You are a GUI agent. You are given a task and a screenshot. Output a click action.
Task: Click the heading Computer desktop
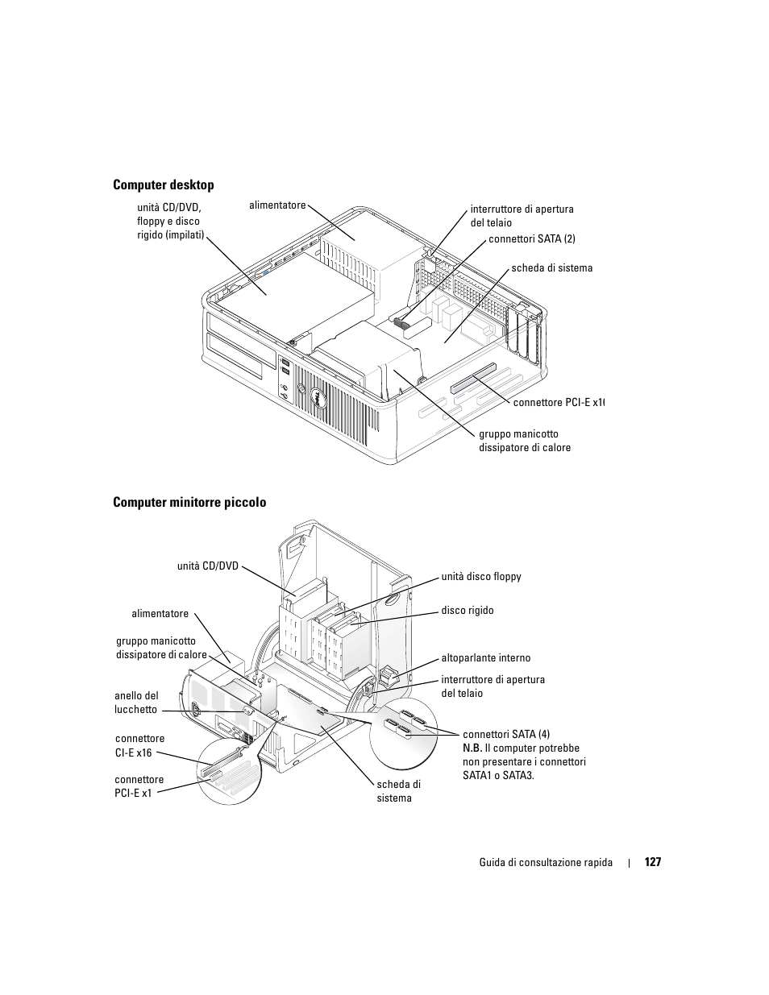pyautogui.click(x=164, y=185)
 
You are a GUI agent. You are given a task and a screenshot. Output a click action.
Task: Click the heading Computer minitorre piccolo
pyautogui.click(x=189, y=503)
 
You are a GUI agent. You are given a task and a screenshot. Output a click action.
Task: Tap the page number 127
pyautogui.click(x=652, y=862)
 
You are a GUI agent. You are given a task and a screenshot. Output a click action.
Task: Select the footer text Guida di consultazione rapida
pyautogui.click(x=546, y=863)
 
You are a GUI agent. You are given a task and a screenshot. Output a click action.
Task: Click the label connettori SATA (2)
pyautogui.click(x=532, y=238)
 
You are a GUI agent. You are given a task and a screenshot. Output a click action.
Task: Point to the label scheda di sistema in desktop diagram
pyautogui.click(x=551, y=268)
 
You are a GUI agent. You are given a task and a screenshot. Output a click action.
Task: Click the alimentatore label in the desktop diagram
pyautogui.click(x=277, y=205)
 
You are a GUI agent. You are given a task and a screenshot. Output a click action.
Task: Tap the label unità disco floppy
pyautogui.click(x=481, y=577)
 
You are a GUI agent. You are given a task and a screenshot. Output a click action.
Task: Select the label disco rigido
pyautogui.click(x=468, y=611)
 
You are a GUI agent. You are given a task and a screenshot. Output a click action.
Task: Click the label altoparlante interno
pyautogui.click(x=485, y=658)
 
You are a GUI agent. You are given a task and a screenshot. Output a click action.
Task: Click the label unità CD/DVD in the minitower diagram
pyautogui.click(x=208, y=566)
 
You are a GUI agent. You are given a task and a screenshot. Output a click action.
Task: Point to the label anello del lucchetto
pyautogui.click(x=136, y=703)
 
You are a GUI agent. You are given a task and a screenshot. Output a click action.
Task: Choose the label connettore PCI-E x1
pyautogui.click(x=139, y=786)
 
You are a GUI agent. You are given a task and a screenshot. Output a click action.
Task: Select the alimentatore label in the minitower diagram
pyautogui.click(x=160, y=614)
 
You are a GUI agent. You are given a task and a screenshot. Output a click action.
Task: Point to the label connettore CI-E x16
pyautogui.click(x=139, y=745)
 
